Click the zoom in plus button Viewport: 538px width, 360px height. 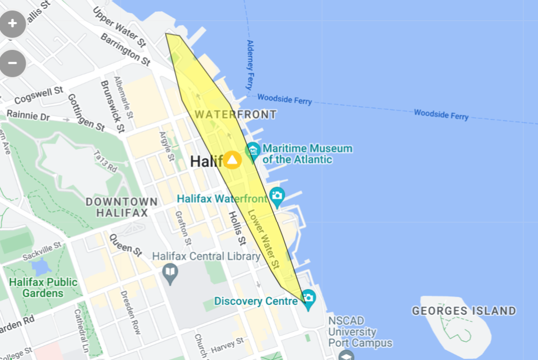tap(13, 24)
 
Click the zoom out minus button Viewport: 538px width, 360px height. tap(13, 63)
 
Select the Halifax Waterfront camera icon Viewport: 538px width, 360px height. tap(277, 197)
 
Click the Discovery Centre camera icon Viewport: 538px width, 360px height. tap(308, 298)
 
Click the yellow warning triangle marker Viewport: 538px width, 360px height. tap(232, 160)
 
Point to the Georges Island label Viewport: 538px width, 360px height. tap(464, 311)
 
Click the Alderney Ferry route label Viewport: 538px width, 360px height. tap(250, 65)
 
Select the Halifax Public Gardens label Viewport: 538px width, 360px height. tap(43, 287)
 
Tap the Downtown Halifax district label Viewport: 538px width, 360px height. tap(121, 207)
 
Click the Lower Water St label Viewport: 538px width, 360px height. tap(263, 236)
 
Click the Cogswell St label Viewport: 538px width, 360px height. tap(39, 95)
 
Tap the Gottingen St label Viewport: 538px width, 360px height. tap(86, 112)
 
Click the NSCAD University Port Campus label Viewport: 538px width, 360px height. tap(360, 332)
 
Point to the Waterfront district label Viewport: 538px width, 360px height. tap(235, 114)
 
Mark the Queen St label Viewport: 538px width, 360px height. tap(126, 245)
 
